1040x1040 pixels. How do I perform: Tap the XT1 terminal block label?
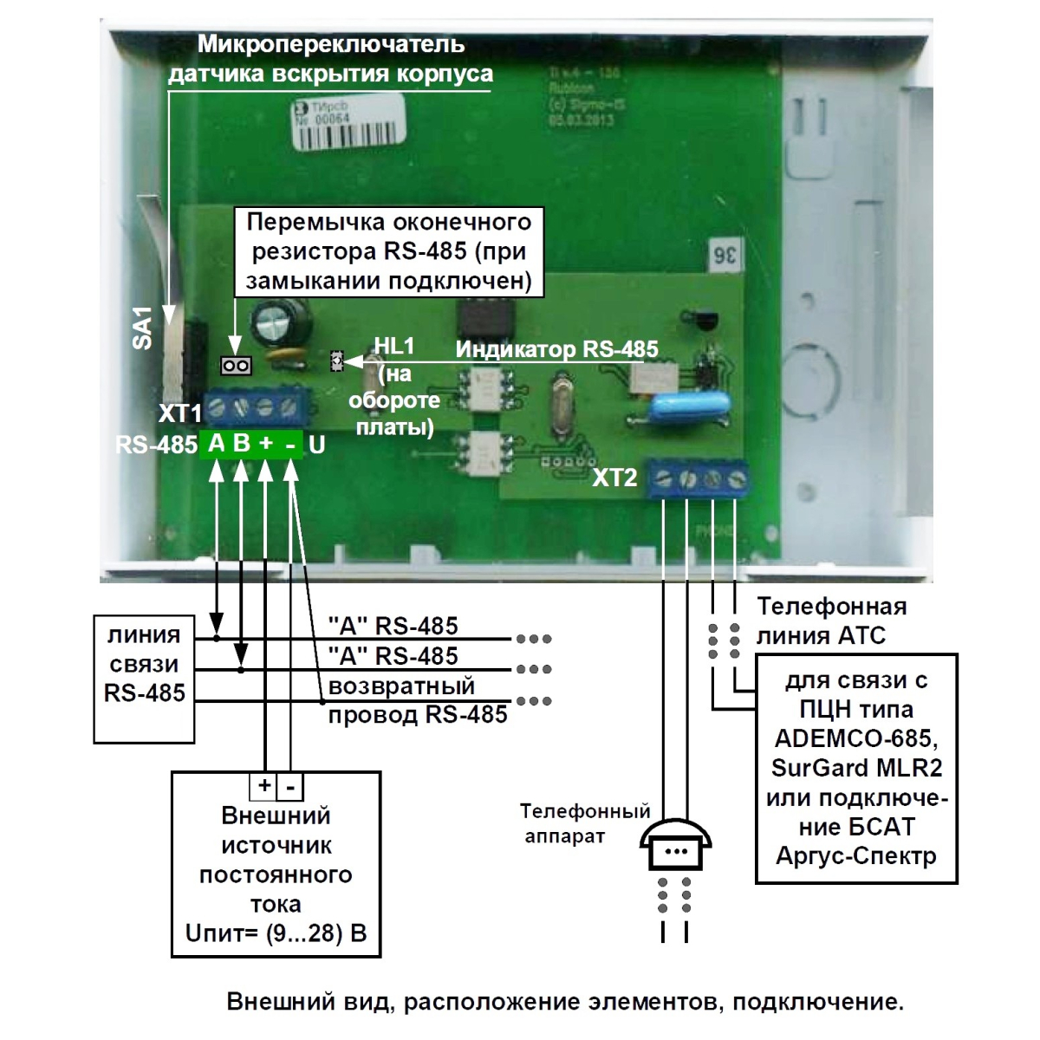[x=179, y=413]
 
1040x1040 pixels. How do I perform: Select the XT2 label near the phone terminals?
[x=614, y=477]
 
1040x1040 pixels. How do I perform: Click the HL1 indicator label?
[x=394, y=347]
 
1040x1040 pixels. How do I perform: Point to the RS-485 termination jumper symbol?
[x=236, y=367]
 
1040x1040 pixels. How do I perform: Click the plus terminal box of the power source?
[x=263, y=786]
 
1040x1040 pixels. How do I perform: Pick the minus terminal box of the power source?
[x=290, y=787]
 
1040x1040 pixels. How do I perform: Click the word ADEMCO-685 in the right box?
[x=855, y=738]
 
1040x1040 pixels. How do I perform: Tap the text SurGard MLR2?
[x=856, y=768]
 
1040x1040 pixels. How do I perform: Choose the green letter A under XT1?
[x=216, y=444]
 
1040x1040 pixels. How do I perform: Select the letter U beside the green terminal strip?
[x=317, y=445]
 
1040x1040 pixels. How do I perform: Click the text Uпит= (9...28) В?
[x=276, y=933]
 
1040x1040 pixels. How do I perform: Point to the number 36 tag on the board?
[x=725, y=257]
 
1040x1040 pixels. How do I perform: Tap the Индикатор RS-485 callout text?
[x=557, y=349]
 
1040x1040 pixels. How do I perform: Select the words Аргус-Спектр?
[x=856, y=856]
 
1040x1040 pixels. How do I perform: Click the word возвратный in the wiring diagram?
[x=402, y=686]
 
